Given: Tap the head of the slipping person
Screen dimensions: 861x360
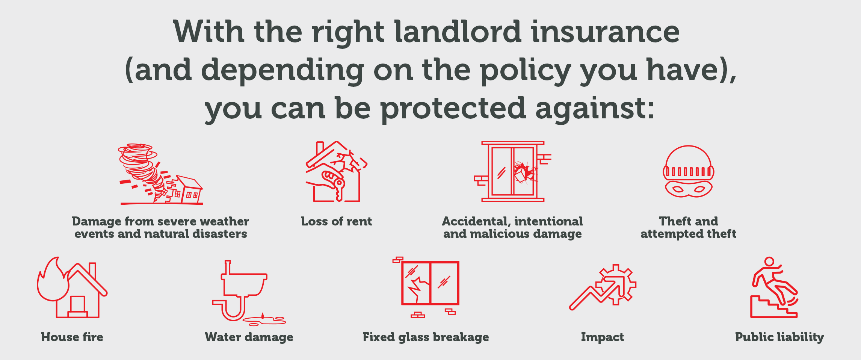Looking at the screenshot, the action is pos(769,262).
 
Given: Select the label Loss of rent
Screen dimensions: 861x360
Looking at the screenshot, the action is pos(336,221).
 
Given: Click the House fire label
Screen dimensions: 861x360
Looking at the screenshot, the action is pos(72,337).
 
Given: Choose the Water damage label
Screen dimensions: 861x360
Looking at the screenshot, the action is pos(249,337).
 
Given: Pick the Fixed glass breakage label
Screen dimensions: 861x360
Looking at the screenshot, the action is pos(426,337).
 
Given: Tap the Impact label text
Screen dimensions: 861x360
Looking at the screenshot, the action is pos(603,337).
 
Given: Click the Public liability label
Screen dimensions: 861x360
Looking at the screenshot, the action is pos(779,337).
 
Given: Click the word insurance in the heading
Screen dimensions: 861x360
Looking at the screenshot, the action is pos(606,32).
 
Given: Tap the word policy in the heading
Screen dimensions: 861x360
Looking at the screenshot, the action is pos(526,71).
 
